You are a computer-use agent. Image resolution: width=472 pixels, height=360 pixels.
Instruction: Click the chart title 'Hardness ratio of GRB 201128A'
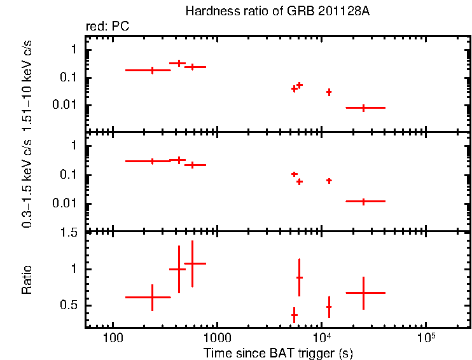[x=277, y=11]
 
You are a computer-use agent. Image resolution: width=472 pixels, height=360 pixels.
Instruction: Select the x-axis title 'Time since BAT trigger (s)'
[x=278, y=352]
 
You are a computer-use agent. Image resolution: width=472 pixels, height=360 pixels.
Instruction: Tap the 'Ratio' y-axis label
[x=27, y=280]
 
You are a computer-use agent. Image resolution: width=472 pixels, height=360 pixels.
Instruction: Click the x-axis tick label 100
[x=113, y=337]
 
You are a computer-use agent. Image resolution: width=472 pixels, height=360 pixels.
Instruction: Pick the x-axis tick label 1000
[x=217, y=337]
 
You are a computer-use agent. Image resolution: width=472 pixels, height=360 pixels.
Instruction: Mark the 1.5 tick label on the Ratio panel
[x=71, y=233]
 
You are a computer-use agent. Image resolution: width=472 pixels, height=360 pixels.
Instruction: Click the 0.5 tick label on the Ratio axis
[x=71, y=306]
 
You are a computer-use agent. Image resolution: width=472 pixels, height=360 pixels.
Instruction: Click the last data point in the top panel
[x=364, y=108]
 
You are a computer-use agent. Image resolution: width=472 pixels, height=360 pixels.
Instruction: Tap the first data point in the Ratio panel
[x=152, y=297]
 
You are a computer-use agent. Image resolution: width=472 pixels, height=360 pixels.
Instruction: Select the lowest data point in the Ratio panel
[x=294, y=315]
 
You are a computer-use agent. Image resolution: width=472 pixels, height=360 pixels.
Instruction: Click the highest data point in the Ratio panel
[x=192, y=263]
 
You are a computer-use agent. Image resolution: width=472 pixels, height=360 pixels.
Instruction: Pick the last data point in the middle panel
[x=364, y=201]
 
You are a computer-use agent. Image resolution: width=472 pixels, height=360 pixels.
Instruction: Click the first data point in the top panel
[x=152, y=70]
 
